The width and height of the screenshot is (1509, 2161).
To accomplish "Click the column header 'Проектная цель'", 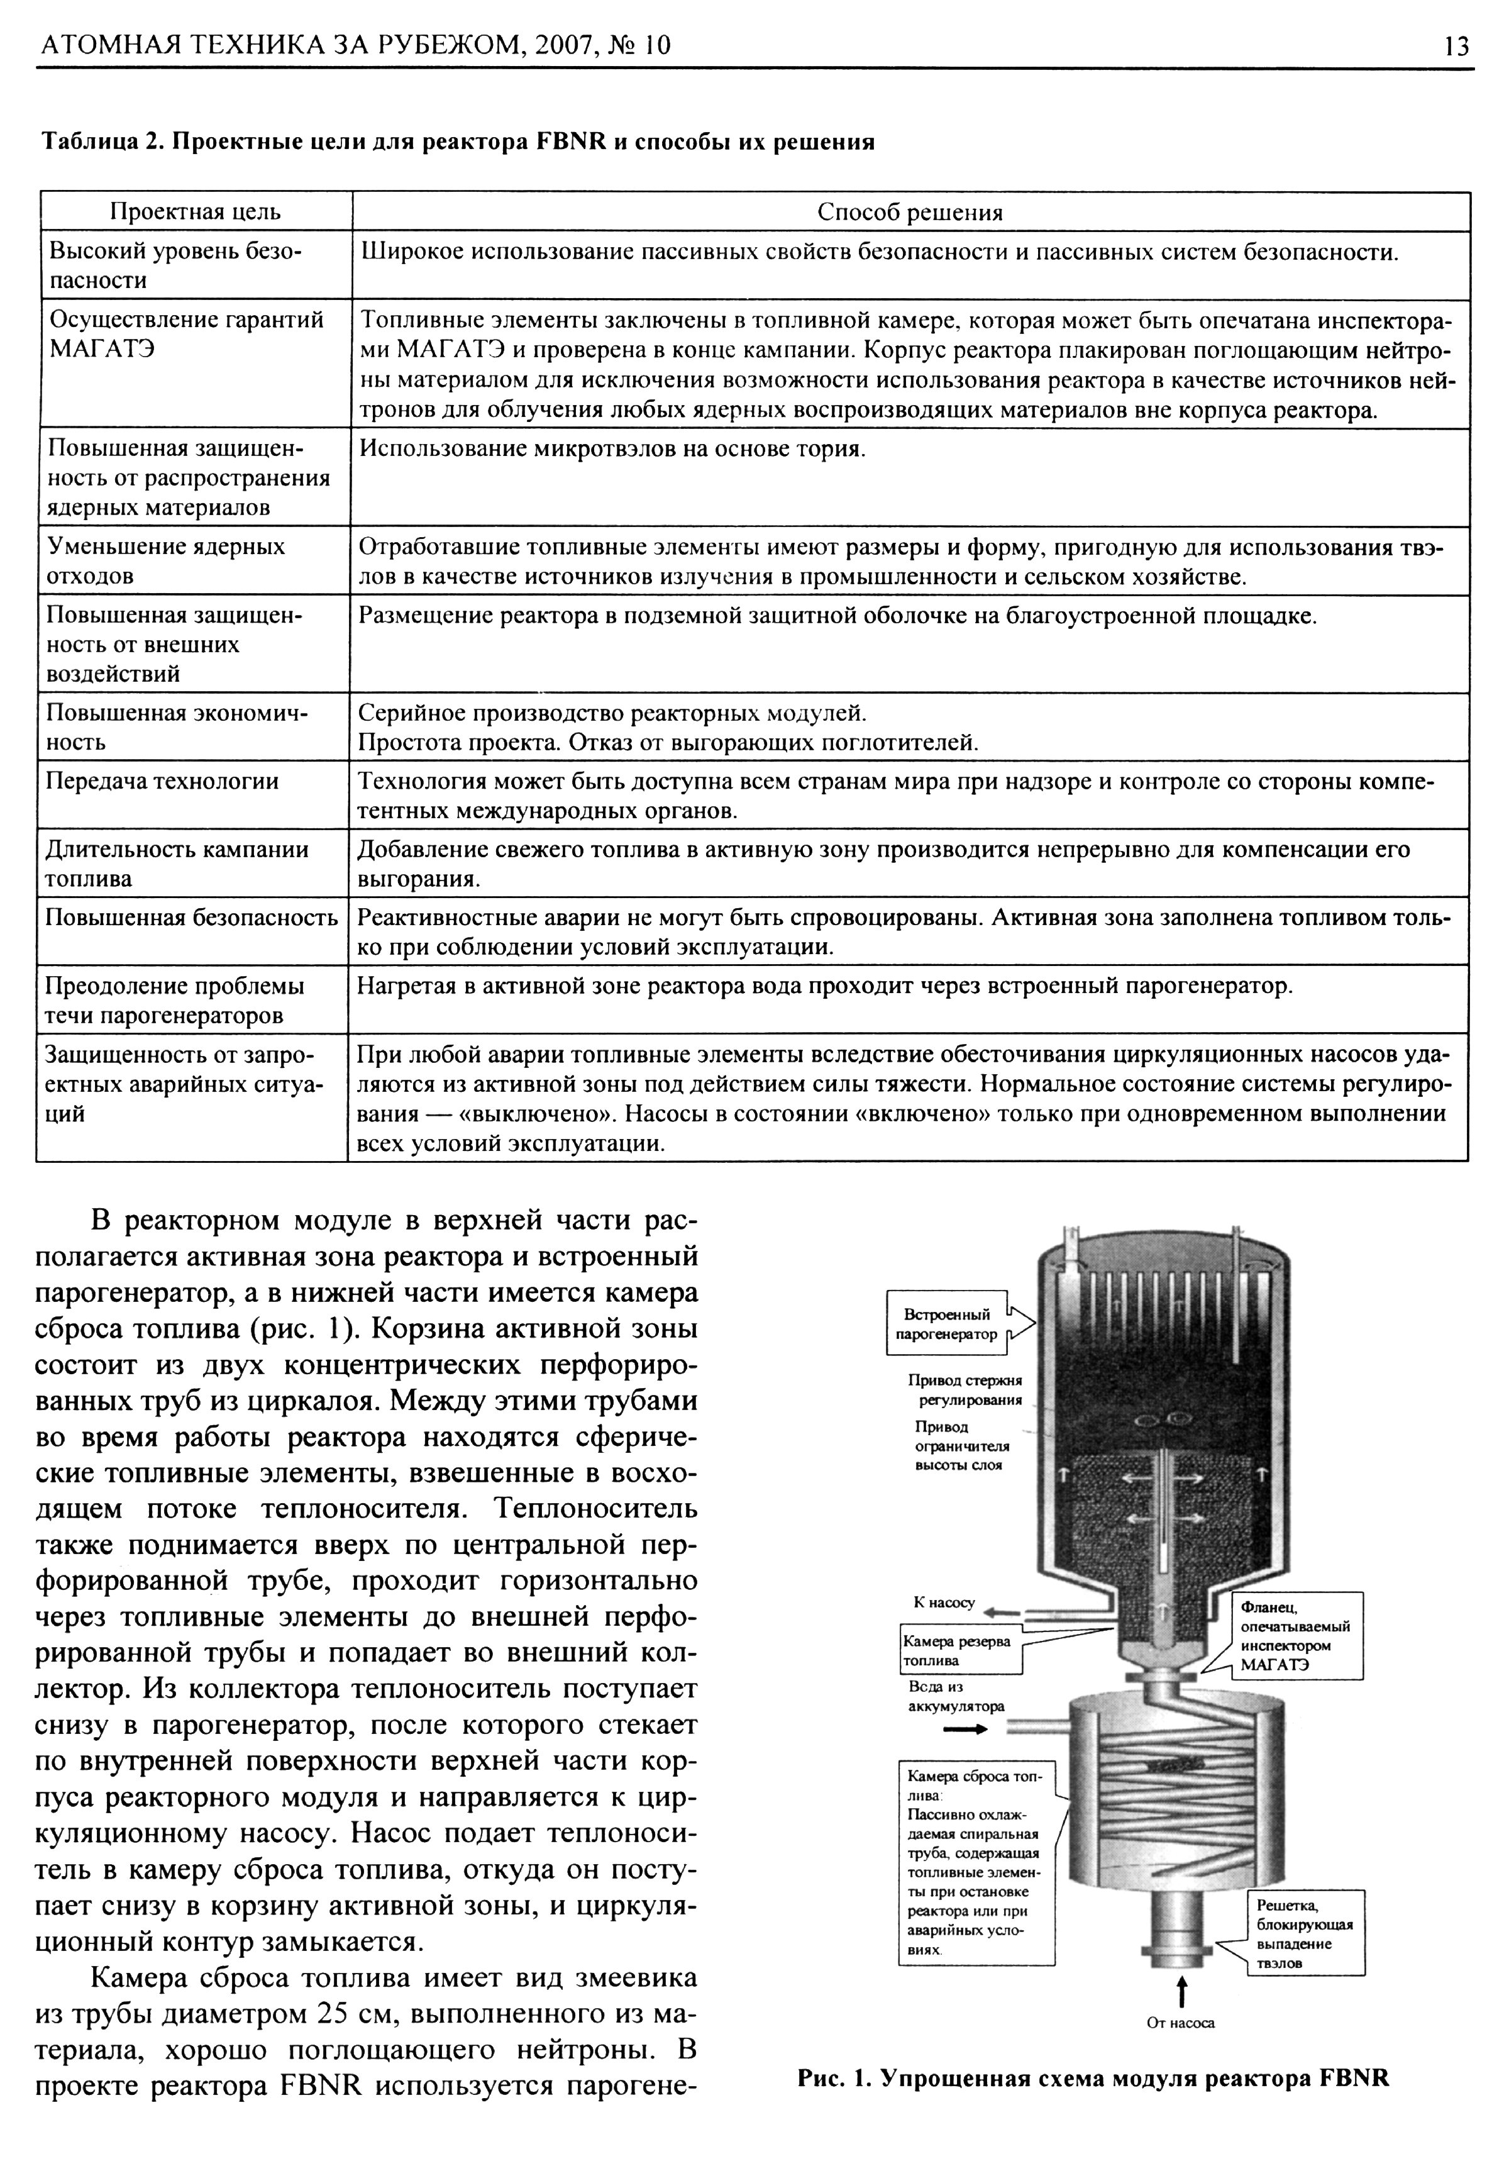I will coord(196,212).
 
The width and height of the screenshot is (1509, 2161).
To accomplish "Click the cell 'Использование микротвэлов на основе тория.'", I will coord(612,449).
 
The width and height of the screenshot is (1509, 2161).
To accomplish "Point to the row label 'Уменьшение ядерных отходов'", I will coord(165,561).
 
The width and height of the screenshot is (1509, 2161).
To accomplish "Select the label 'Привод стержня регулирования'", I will coord(965,1389).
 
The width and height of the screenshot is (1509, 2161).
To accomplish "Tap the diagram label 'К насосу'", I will coord(944,1602).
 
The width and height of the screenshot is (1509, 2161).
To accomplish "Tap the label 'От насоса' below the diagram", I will coord(1181,2022).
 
